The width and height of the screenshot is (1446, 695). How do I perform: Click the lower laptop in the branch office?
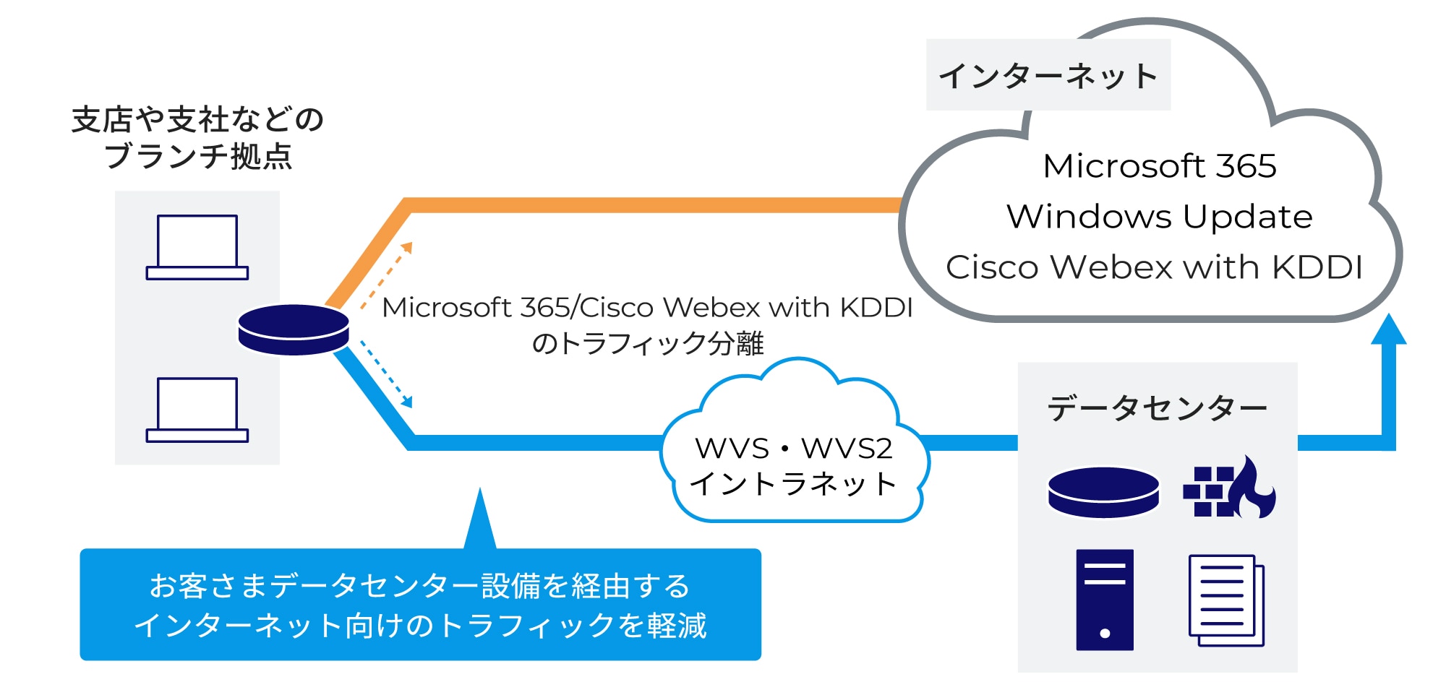click(x=197, y=410)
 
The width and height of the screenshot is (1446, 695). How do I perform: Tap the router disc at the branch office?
click(x=294, y=329)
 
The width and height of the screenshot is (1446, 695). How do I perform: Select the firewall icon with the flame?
click(x=1229, y=488)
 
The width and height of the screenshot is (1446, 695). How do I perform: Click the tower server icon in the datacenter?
click(x=1104, y=600)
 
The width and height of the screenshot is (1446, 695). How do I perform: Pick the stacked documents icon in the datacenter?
click(x=1226, y=600)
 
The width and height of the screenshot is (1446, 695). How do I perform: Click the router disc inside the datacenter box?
click(x=1103, y=492)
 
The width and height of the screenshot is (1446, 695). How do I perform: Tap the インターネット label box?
click(x=1048, y=75)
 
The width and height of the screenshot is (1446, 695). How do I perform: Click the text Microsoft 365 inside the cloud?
click(x=1159, y=166)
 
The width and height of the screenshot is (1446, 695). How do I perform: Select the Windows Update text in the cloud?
click(x=1159, y=217)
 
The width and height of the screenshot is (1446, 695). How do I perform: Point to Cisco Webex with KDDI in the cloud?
click(x=1154, y=267)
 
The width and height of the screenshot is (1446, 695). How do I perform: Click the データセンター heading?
click(x=1157, y=408)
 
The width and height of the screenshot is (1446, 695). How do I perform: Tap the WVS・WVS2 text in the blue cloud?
click(x=793, y=449)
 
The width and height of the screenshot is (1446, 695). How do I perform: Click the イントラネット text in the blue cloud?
click(x=793, y=484)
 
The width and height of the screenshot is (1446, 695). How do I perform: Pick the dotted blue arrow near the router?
click(x=386, y=374)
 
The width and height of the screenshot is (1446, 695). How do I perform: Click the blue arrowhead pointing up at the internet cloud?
click(x=1388, y=330)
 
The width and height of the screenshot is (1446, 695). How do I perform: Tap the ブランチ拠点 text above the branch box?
click(x=198, y=157)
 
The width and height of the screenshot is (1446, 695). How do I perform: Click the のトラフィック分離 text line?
click(x=647, y=344)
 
